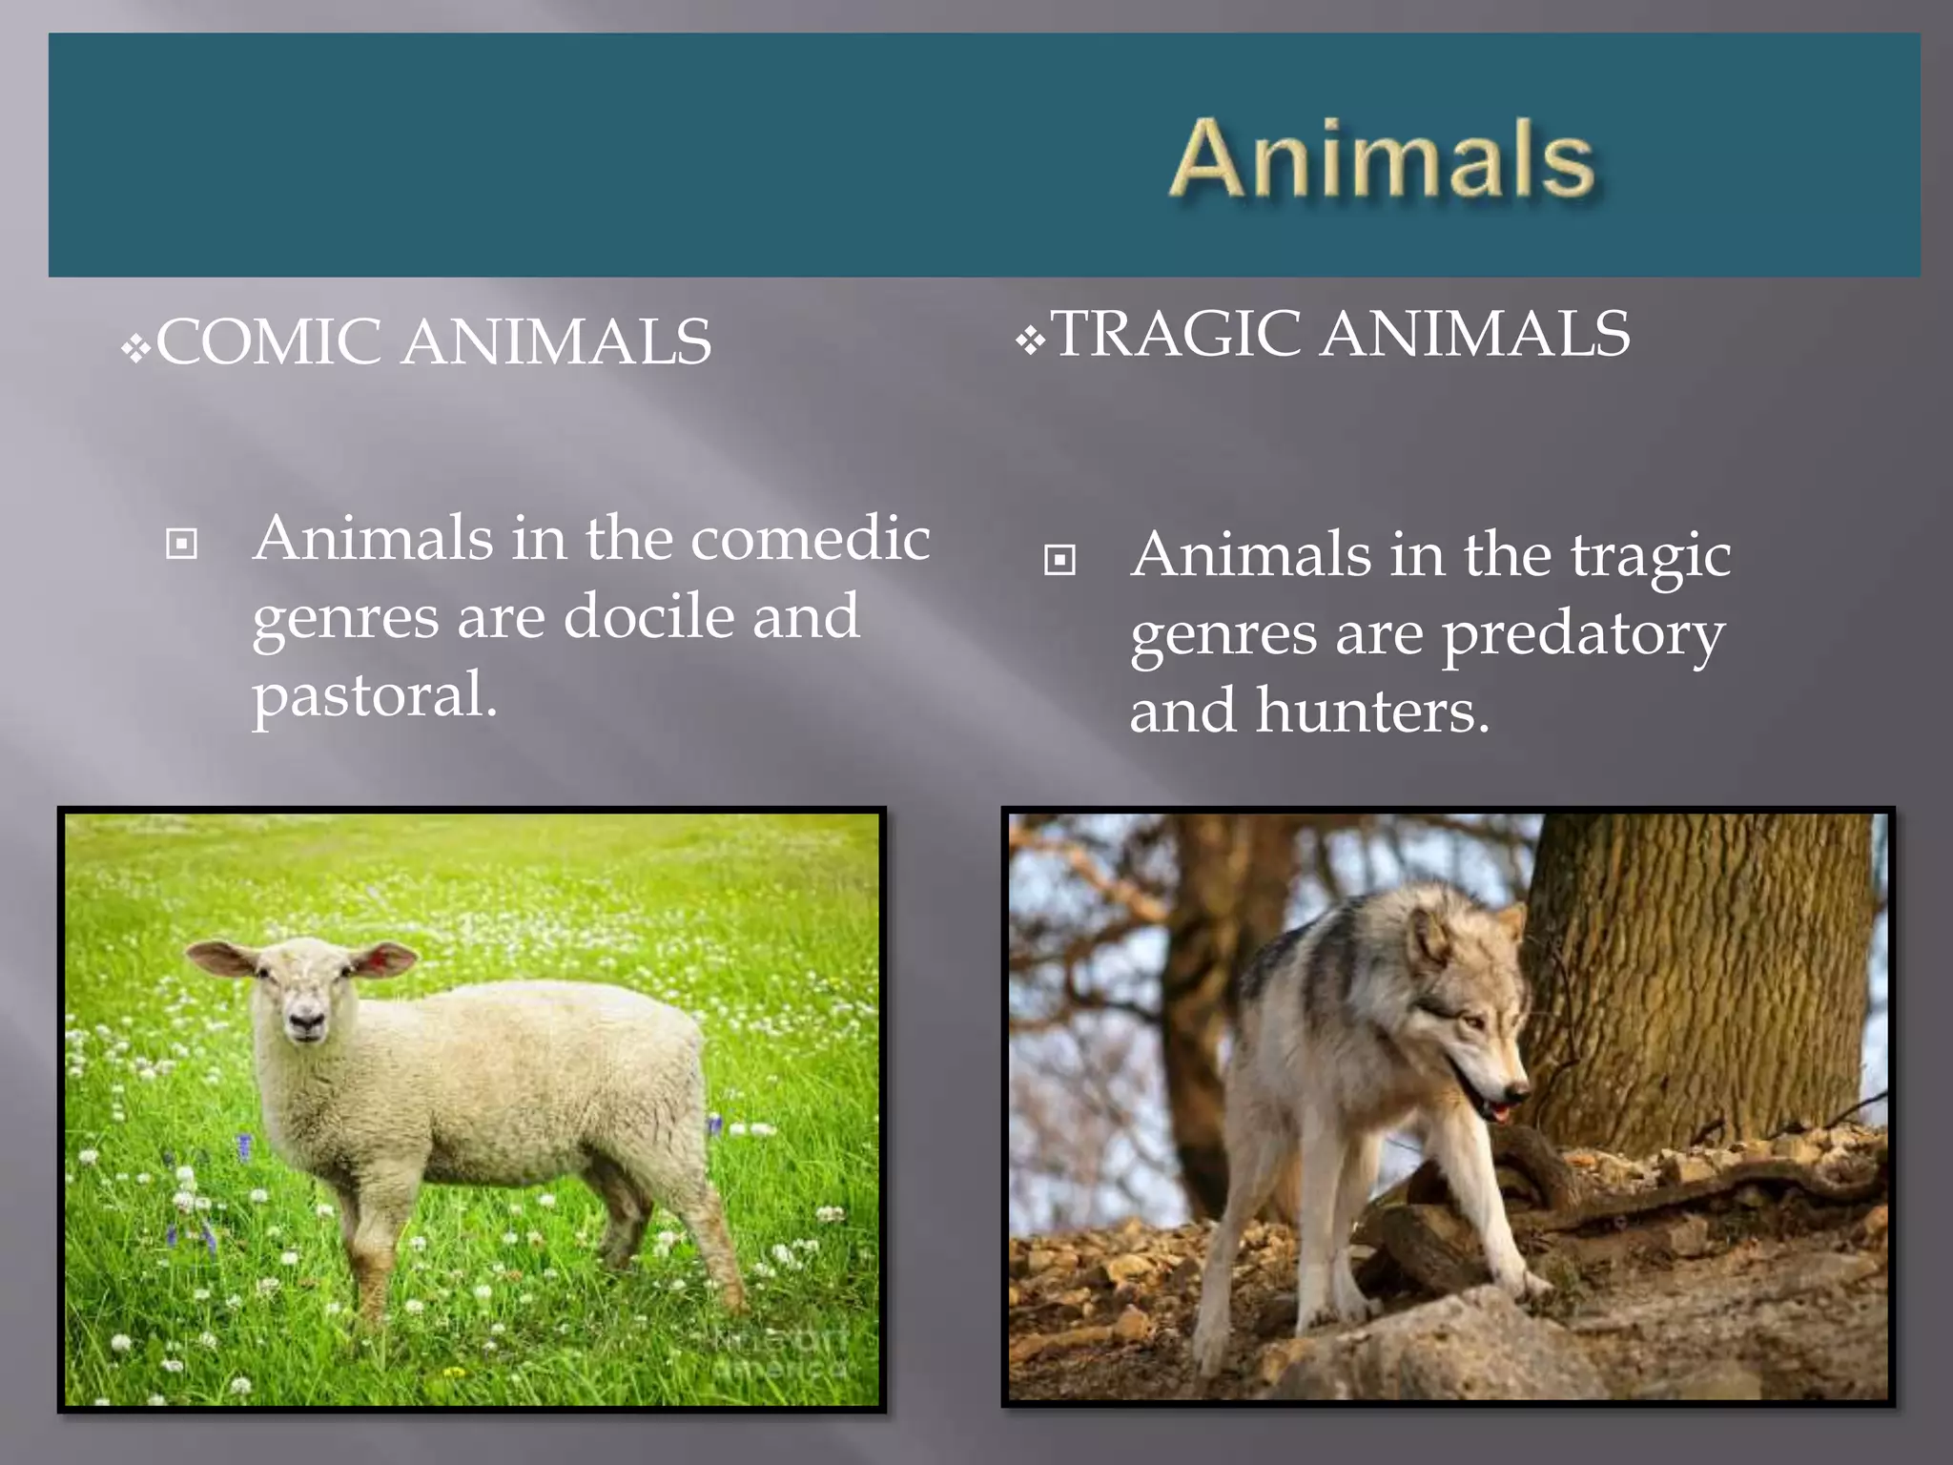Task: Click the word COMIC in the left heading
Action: click(269, 342)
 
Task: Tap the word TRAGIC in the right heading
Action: click(1176, 334)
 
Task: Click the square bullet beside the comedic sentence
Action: click(181, 544)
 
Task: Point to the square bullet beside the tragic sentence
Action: click(1059, 560)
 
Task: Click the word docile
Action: click(648, 616)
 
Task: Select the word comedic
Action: click(810, 538)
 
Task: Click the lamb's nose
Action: click(306, 1023)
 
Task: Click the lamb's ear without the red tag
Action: click(221, 957)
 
